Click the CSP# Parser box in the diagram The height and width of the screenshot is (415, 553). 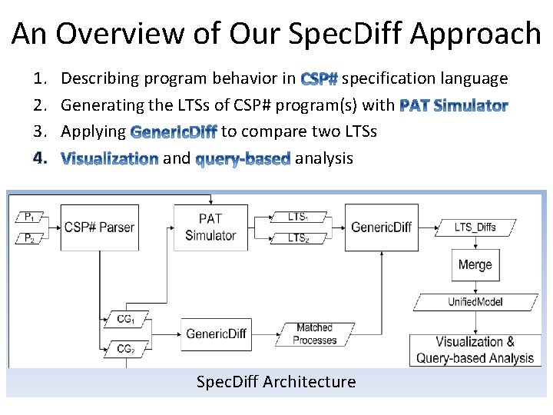tap(99, 227)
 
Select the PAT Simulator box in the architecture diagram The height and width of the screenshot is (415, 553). tap(210, 227)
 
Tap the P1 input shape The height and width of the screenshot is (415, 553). tap(30, 217)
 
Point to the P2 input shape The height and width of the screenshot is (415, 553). tap(30, 238)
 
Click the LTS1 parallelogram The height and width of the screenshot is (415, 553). tap(298, 217)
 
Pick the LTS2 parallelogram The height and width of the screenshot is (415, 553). tap(298, 238)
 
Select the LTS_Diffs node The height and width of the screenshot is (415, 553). tap(475, 227)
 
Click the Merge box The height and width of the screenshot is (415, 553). tap(475, 265)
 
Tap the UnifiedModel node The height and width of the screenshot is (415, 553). tap(475, 301)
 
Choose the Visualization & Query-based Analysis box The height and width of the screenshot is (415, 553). tap(475, 350)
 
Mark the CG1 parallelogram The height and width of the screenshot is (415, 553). tap(126, 320)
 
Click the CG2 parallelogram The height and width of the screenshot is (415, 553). tap(126, 349)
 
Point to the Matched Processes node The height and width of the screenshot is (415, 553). tap(315, 334)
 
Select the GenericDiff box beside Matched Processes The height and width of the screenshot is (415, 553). tap(217, 334)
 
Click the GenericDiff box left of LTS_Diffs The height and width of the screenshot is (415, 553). tap(381, 227)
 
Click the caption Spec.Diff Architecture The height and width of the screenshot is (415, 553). tap(276, 382)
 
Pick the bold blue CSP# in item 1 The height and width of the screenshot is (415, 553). tap(320, 79)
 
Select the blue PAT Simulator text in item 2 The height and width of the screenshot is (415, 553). tap(454, 105)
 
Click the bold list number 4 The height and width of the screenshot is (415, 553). tap(41, 158)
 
